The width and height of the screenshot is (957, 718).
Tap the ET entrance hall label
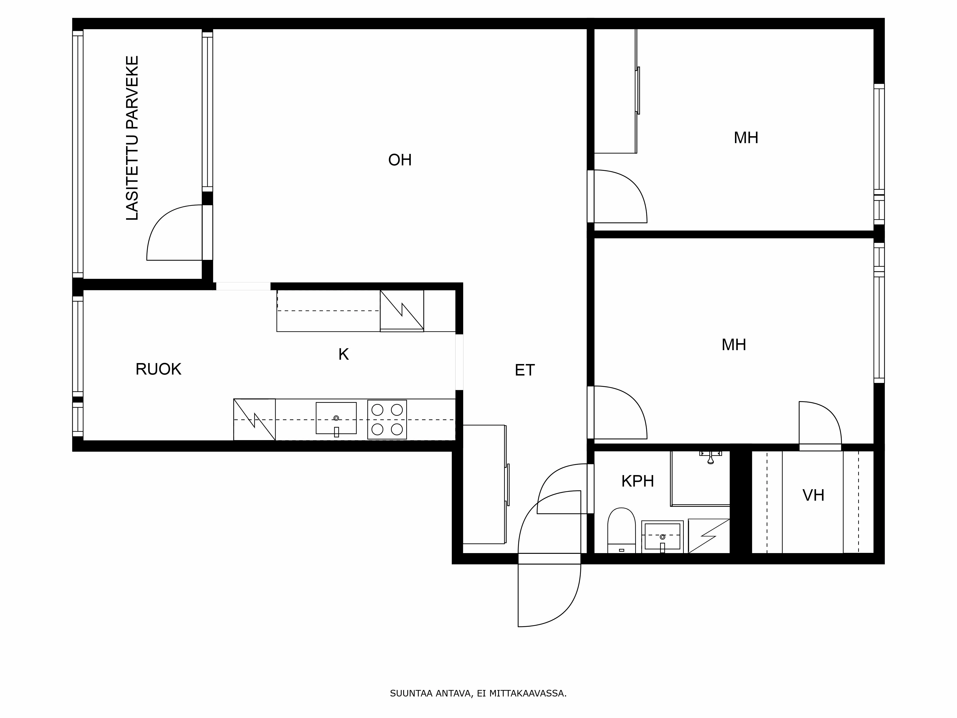[524, 370]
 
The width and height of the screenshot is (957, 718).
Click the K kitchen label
[343, 354]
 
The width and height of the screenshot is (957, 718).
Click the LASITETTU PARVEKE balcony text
[132, 138]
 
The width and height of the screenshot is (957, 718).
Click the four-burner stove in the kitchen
[387, 419]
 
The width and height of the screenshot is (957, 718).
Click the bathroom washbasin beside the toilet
[662, 537]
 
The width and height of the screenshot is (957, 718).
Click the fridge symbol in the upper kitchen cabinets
[401, 311]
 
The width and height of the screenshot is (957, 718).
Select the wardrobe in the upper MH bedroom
[615, 91]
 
